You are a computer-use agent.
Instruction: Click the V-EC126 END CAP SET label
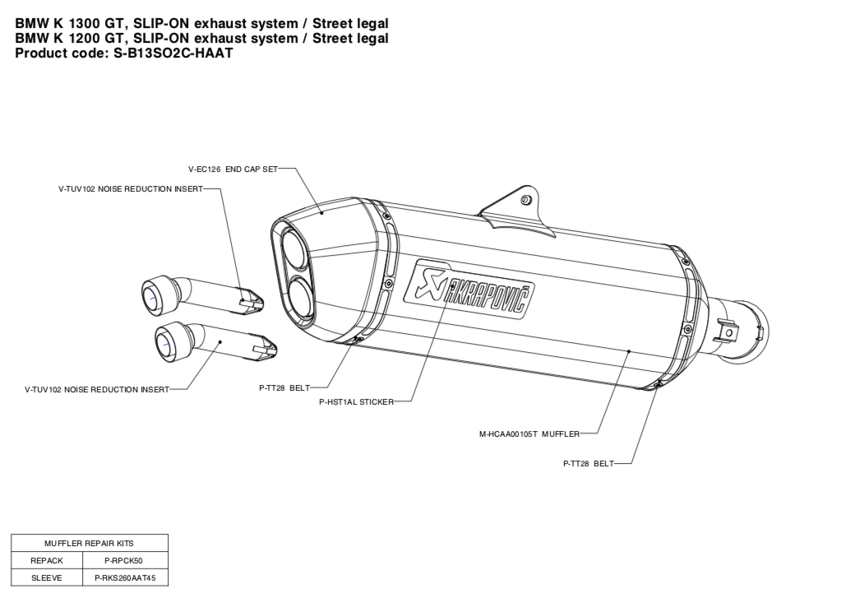(x=232, y=169)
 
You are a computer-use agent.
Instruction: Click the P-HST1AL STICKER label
(x=356, y=402)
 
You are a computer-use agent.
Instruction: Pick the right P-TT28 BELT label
(x=588, y=464)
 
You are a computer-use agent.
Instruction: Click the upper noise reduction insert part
(x=201, y=294)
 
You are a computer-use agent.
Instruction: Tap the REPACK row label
(x=47, y=560)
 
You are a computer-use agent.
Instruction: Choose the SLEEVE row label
(x=47, y=577)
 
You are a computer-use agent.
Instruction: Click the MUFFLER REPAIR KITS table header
(x=90, y=543)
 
